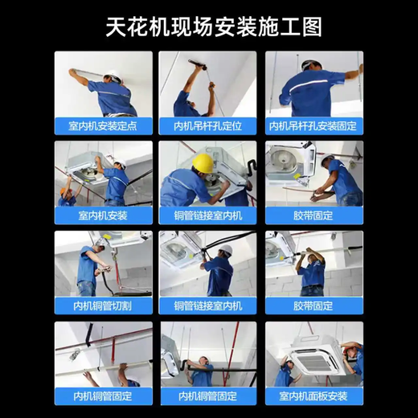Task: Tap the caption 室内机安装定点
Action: tap(103, 126)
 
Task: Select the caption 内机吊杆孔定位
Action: tap(207, 126)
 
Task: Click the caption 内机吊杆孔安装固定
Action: tap(314, 126)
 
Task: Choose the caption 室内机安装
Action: tap(103, 216)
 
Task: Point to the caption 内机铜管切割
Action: tap(103, 306)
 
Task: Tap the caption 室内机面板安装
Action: tap(314, 396)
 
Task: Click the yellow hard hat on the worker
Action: tap(203, 162)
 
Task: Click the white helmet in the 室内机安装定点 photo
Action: tap(113, 76)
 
